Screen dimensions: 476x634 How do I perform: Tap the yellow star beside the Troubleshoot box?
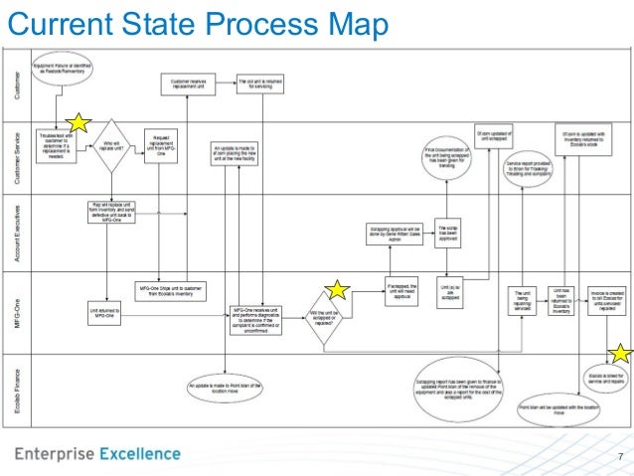point(78,122)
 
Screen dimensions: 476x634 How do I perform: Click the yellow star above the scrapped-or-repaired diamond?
point(338,289)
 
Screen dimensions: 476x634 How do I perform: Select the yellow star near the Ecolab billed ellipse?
point(621,352)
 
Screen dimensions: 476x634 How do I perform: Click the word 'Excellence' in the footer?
point(140,454)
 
